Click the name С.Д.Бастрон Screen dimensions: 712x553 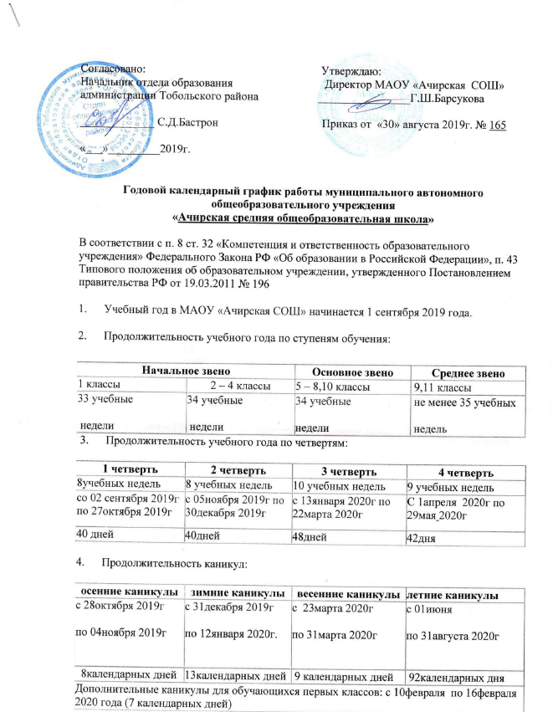pyautogui.click(x=189, y=122)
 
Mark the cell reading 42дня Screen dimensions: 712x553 pyautogui.click(x=422, y=537)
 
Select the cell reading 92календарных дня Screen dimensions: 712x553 pyautogui.click(x=458, y=672)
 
